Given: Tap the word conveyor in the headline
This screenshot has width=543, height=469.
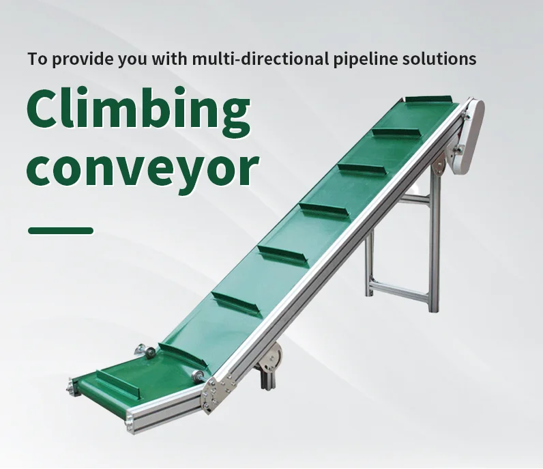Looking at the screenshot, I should [143, 167].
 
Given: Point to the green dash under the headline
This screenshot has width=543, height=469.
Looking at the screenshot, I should [60, 231].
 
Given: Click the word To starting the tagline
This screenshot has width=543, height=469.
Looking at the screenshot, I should [37, 59].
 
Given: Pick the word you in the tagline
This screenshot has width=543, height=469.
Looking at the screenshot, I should [126, 59].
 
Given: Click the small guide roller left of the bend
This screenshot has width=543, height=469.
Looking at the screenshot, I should [147, 350].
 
